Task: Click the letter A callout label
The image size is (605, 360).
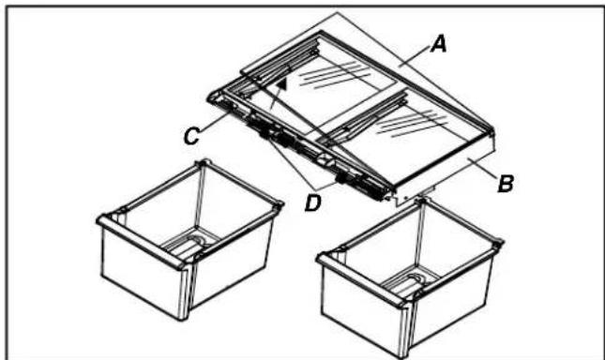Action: (x=440, y=44)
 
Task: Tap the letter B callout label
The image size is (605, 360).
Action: (x=506, y=184)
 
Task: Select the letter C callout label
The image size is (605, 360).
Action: (x=191, y=136)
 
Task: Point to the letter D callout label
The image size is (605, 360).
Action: (x=313, y=202)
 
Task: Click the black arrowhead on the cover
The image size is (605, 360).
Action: (x=283, y=83)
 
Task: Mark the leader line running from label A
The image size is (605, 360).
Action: (x=416, y=56)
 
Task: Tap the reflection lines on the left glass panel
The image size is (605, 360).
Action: (x=335, y=75)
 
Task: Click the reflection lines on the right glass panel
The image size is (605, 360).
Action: (x=412, y=124)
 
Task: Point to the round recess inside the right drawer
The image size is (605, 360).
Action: (x=417, y=278)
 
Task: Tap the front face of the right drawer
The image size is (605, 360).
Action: (x=361, y=305)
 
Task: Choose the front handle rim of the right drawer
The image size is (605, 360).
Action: (x=361, y=278)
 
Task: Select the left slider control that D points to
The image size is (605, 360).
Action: (x=265, y=133)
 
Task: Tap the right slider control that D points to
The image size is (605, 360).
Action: (x=341, y=177)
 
